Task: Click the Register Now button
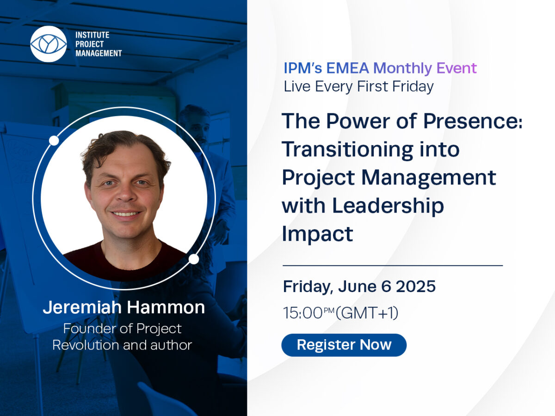(x=344, y=345)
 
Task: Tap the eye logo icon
(x=49, y=44)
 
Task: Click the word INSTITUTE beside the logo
(x=92, y=35)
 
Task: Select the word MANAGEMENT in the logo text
(x=99, y=53)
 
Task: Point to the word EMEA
(x=347, y=68)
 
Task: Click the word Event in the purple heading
(x=456, y=68)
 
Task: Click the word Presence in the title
(x=473, y=122)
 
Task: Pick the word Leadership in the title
(x=388, y=206)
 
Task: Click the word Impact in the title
(x=317, y=234)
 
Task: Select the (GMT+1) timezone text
(x=367, y=313)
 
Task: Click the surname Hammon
(x=166, y=307)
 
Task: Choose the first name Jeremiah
(x=82, y=307)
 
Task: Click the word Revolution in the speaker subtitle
(x=86, y=345)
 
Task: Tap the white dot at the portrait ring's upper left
(x=54, y=141)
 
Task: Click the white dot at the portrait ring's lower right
(x=194, y=259)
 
